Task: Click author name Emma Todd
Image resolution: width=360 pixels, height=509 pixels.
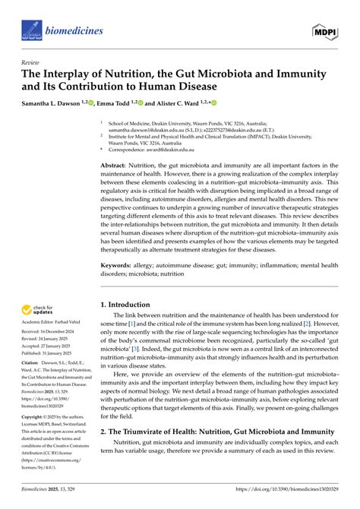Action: click(x=118, y=103)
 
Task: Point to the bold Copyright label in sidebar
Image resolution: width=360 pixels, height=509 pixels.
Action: click(x=35, y=418)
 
